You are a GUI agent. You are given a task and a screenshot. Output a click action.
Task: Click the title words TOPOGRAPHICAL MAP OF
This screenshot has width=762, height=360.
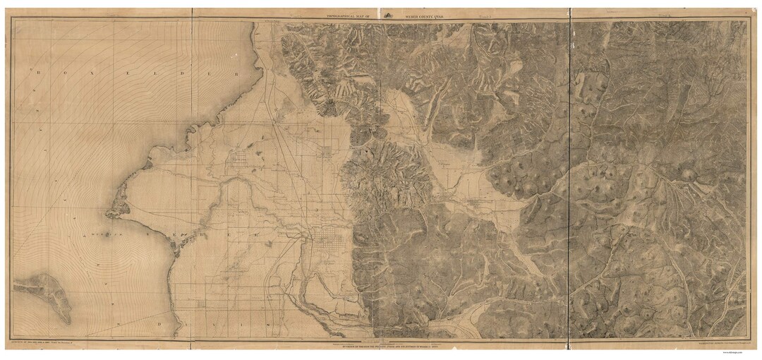pyautogui.click(x=346, y=14)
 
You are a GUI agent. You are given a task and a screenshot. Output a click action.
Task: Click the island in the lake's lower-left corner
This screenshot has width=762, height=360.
pyautogui.click(x=42, y=293)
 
